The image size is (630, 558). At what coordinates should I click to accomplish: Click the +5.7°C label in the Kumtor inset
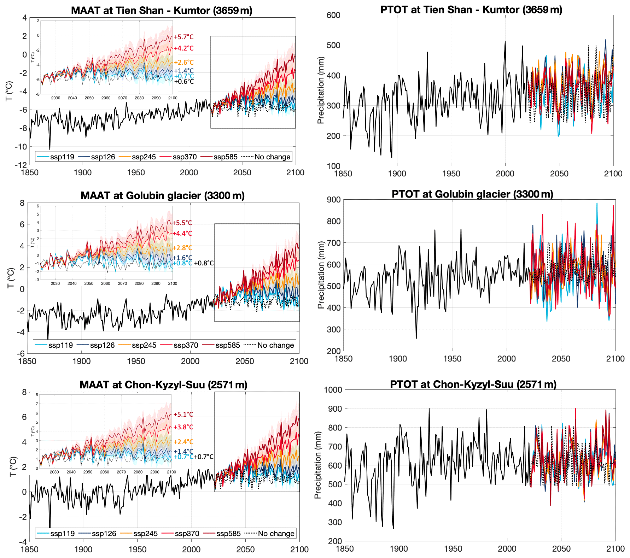click(x=183, y=37)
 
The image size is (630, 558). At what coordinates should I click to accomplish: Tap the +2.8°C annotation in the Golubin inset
click(x=182, y=248)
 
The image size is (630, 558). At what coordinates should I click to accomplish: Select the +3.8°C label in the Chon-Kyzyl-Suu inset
click(x=183, y=427)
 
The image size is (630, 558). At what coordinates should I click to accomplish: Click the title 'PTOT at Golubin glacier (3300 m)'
click(x=472, y=194)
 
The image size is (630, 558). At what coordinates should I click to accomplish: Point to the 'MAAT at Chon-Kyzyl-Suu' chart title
click(x=163, y=385)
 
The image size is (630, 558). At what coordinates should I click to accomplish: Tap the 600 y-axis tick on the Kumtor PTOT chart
click(x=333, y=15)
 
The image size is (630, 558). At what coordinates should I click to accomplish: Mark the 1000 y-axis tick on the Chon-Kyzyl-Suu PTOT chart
click(x=333, y=390)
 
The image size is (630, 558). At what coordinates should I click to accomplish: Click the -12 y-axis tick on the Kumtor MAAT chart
click(x=21, y=165)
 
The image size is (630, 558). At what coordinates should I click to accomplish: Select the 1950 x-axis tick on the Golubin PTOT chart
click(x=452, y=359)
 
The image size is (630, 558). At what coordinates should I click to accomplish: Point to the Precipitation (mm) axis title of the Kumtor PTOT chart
click(x=321, y=90)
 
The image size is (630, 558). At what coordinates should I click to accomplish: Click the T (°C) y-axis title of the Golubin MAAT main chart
click(x=11, y=278)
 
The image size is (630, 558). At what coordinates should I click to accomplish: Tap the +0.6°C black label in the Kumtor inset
click(x=184, y=82)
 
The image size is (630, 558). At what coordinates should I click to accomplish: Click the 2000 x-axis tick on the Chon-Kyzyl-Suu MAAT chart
click(x=191, y=550)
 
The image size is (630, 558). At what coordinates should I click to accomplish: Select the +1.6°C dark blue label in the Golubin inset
click(x=182, y=258)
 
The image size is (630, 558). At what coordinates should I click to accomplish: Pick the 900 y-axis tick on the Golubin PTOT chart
click(x=333, y=200)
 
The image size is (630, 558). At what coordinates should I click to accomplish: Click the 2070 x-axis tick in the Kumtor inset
click(x=122, y=98)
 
